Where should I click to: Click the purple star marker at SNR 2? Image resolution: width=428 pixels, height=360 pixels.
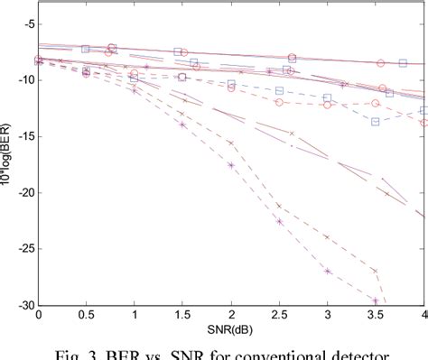click(x=231, y=165)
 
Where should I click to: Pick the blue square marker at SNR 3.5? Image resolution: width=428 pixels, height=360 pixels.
click(x=376, y=121)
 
